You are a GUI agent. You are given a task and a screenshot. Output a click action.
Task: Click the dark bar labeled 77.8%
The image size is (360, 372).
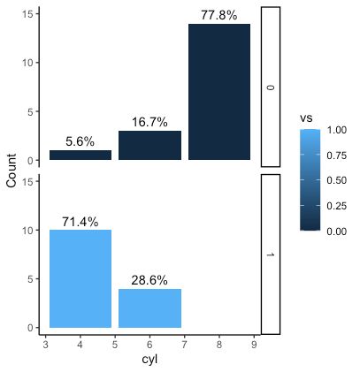coord(218,92)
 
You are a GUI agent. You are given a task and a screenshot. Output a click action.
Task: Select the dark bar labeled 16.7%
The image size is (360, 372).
coord(149,146)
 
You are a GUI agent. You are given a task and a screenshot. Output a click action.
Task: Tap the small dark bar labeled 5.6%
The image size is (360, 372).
coord(80,155)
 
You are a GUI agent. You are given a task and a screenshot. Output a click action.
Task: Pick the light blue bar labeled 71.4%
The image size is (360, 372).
coord(80,278)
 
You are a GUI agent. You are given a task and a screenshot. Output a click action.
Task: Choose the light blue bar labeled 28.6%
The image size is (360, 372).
coord(149,307)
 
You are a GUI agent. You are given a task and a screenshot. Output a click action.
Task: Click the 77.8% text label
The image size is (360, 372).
coord(218,15)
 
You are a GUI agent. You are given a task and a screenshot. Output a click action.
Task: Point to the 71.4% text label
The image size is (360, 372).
coord(80,221)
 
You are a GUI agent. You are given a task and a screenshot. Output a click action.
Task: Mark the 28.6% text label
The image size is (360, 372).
coord(149,280)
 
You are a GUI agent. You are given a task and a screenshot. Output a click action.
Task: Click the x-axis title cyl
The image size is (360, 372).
coord(149,360)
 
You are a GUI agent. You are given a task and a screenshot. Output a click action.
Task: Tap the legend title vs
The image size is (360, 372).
coord(307,116)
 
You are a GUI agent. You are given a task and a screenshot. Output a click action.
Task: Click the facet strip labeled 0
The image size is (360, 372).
coord(271,87)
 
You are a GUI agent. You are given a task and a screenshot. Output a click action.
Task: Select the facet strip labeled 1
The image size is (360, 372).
coord(271,254)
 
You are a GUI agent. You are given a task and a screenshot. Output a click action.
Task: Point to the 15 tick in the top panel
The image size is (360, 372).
coord(29,14)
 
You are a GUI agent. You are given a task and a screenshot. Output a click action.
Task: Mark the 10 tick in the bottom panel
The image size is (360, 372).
coord(29,231)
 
